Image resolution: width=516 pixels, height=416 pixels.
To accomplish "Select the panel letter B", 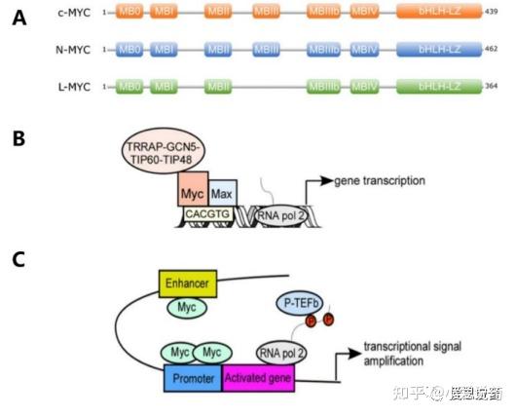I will coord(18,139).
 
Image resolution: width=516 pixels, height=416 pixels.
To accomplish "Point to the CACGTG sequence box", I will coord(207,213).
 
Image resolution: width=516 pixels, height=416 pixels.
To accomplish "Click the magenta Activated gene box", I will coord(260,375).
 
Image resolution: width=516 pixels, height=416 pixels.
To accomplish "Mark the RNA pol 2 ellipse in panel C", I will coord(283,350).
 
